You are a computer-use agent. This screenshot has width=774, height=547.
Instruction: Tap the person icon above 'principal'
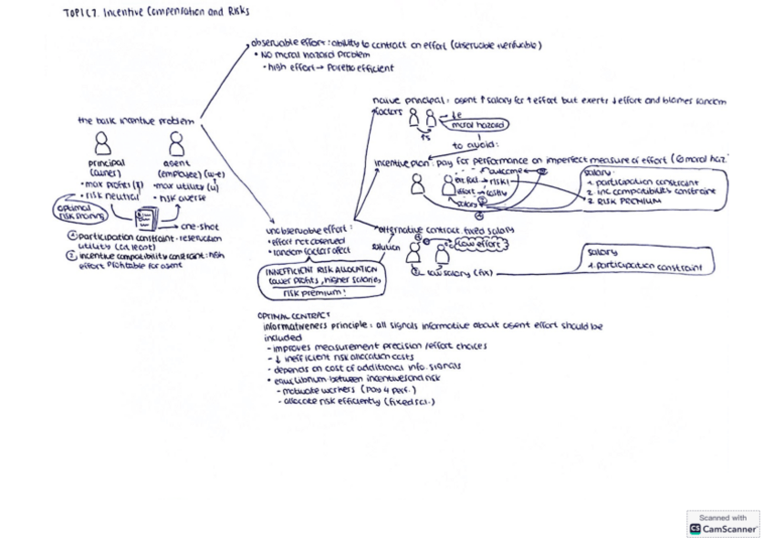(102, 142)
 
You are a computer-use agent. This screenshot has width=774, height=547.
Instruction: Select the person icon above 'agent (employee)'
(176, 143)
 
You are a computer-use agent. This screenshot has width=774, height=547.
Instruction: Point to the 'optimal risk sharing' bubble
(81, 212)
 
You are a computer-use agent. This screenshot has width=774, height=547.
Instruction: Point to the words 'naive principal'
(403, 100)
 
